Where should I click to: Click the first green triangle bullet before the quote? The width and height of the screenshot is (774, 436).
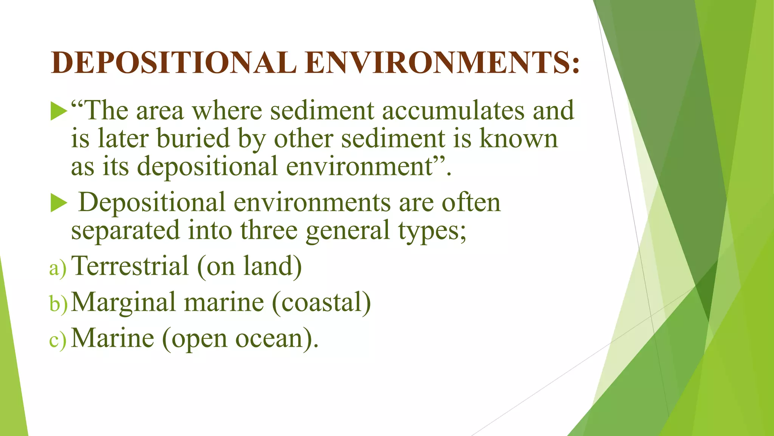pos(59,111)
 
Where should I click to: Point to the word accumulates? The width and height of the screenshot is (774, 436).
pos(453,111)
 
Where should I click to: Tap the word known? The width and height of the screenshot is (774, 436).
pos(519,138)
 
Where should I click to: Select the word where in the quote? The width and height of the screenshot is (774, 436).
pos(227,111)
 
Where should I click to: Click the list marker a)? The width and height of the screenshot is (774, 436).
pos(58,268)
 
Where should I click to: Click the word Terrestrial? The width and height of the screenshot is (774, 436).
pos(130,266)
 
